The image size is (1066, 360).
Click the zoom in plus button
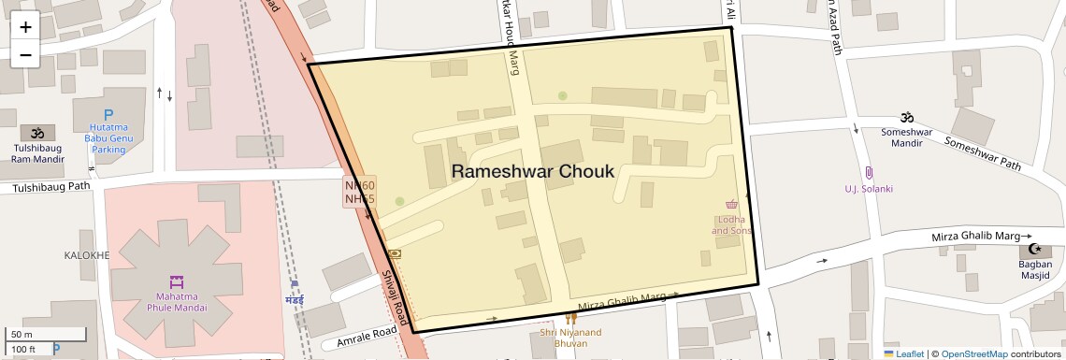[25, 27]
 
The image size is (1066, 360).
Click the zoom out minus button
[25, 55]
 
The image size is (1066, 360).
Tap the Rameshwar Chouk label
[533, 172]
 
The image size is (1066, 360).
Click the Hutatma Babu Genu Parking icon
[108, 115]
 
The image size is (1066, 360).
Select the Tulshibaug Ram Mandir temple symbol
[37, 134]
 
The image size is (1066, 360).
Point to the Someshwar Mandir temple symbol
[905, 118]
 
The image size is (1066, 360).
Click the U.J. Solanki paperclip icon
[869, 173]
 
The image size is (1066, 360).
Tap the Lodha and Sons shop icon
[731, 205]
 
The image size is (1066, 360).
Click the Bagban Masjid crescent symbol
[1034, 249]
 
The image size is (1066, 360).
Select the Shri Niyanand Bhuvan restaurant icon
[571, 318]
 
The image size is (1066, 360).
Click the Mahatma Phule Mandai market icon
[176, 281]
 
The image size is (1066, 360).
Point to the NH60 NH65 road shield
[360, 192]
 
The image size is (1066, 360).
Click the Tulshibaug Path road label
[50, 187]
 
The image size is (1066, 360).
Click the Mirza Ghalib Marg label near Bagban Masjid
[976, 238]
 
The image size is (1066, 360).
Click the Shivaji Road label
[396, 298]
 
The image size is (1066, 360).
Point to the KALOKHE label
[87, 255]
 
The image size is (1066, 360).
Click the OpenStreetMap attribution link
[973, 354]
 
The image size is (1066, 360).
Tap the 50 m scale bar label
[22, 335]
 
